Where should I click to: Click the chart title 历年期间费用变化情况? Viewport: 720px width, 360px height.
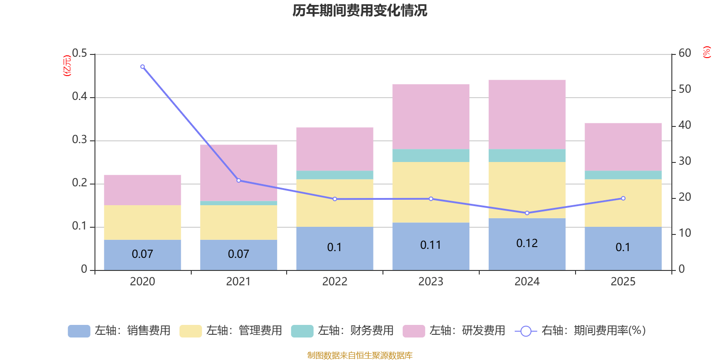360,10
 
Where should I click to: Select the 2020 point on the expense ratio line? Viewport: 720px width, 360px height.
143,67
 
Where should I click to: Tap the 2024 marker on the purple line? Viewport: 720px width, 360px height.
527,213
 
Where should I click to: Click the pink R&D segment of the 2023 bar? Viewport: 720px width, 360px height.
431,117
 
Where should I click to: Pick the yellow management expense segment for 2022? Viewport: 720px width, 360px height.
334,203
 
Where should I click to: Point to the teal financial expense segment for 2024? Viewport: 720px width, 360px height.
527,155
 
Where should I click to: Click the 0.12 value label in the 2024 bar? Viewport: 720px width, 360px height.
527,243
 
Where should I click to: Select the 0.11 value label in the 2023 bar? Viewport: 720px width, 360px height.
431,245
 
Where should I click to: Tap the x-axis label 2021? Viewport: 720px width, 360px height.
238,282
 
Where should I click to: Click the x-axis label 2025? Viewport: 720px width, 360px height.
623,282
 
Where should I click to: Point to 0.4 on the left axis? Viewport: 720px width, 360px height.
80,97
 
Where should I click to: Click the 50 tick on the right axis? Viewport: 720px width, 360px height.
684,89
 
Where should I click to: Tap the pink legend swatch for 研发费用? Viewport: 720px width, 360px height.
414,331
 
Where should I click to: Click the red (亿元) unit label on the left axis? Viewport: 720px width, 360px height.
67,66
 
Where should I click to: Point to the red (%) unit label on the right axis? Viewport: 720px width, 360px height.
706,52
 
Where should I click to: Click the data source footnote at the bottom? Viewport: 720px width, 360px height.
360,355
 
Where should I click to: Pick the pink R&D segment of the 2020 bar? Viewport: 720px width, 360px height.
143,190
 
